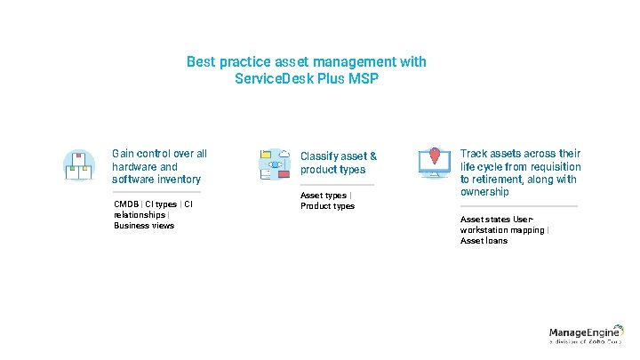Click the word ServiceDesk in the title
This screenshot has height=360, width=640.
tap(273, 78)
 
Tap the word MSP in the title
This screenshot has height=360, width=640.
tap(363, 78)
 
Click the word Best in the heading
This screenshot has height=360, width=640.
tap(201, 62)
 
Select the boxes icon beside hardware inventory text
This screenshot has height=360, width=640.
tap(79, 164)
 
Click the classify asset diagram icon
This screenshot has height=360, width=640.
tap(274, 164)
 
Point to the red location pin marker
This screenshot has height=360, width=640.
tap(434, 156)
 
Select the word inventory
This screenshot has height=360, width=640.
tap(180, 180)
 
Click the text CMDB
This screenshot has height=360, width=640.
tap(127, 204)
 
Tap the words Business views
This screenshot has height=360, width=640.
tap(144, 226)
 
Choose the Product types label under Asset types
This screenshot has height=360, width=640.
tap(327, 206)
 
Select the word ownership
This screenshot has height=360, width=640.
tap(484, 192)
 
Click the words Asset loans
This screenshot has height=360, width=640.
tap(484, 241)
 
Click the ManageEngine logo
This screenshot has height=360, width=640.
tap(585, 334)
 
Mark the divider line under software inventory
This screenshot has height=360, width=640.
tap(156, 192)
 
